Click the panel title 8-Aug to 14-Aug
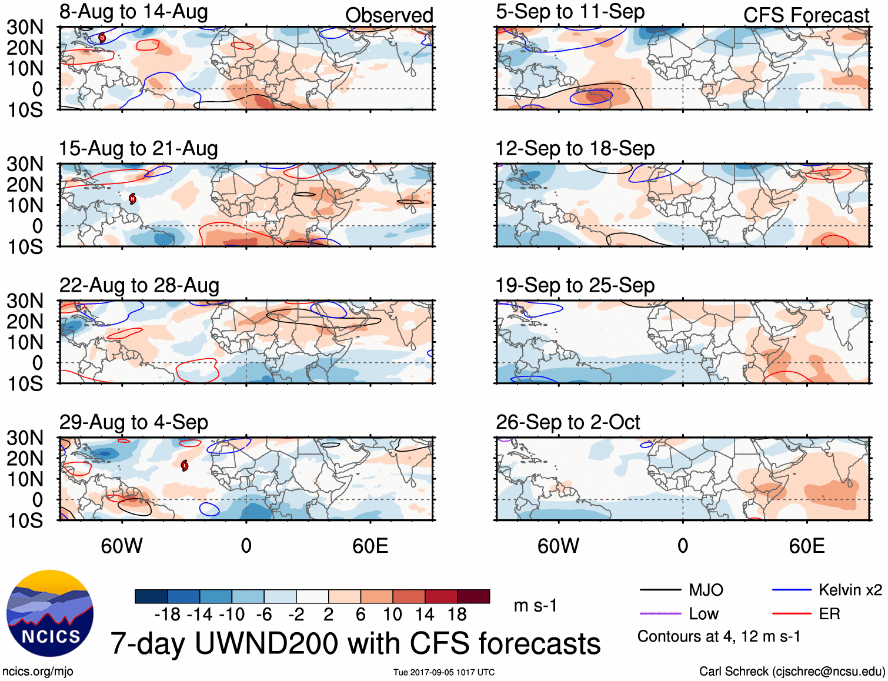point(133,12)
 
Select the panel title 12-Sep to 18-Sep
point(575,149)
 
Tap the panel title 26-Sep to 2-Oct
point(567,422)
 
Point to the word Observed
point(389,15)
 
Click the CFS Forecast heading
point(806,15)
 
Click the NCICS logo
point(50,613)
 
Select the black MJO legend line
point(660,590)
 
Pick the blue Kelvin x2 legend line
point(792,590)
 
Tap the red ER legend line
point(792,614)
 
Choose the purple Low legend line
point(660,614)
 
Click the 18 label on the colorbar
point(457,615)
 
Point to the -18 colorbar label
point(167,615)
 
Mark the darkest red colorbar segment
point(473,596)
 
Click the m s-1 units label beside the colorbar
point(535,606)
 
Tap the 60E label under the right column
point(806,546)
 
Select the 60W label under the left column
point(122,546)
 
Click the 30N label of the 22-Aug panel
point(25,301)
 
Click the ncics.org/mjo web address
point(38,672)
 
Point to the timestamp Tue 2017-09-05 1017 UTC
point(444,672)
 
